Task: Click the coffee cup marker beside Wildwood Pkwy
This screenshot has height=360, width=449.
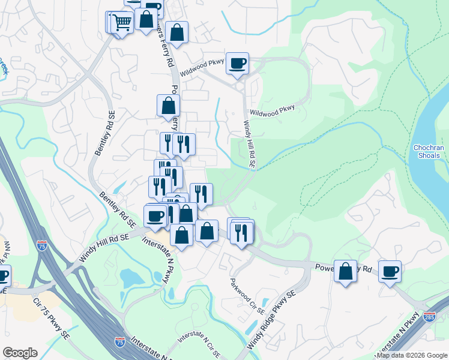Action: coord(238,62)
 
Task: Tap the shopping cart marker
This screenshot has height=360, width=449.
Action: coord(122,23)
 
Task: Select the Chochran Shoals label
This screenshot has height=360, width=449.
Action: coord(429,152)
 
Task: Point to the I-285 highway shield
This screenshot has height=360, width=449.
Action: coord(429,316)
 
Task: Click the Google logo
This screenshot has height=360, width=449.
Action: coord(20,353)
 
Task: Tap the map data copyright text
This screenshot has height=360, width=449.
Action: coord(412,355)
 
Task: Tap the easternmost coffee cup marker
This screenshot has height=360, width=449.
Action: coord(390,272)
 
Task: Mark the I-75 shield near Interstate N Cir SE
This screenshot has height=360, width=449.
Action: coord(120,341)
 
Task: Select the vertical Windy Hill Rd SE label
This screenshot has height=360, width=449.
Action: coord(249,145)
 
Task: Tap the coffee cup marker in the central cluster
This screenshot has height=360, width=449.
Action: coord(155,216)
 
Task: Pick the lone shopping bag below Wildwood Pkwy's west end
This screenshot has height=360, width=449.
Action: coord(169,106)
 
